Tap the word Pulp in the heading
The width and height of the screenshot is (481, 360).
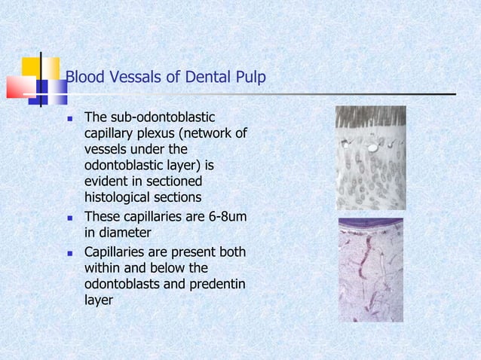tap(249, 77)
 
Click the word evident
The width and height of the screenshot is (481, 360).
tap(106, 182)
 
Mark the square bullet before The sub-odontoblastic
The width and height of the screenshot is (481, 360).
tap(70, 118)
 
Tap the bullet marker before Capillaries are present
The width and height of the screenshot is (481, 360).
tap(70, 253)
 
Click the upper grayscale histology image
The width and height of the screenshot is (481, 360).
tap(370, 157)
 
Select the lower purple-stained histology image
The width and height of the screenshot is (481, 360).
tap(370, 270)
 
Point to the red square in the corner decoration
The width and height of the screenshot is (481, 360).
tap(20, 87)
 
